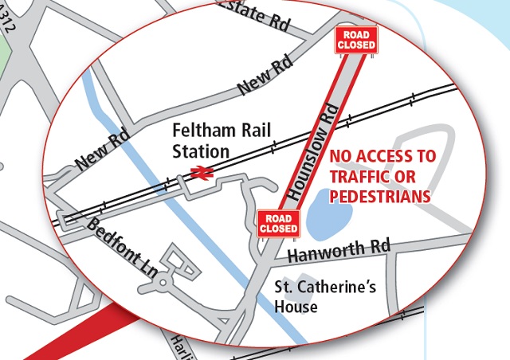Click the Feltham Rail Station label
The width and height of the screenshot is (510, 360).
pyautogui.click(x=202, y=139)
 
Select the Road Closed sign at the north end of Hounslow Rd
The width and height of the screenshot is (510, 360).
pyautogui.click(x=355, y=40)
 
